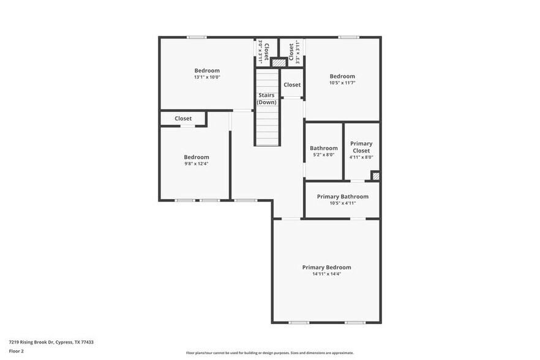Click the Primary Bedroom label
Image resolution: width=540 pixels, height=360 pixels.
[326, 268]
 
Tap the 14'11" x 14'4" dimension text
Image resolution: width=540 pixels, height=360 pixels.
[326, 274]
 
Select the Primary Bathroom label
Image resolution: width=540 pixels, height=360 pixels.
[342, 197]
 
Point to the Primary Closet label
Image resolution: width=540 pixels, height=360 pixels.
[361, 147]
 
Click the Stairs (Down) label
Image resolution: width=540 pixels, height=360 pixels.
[266, 99]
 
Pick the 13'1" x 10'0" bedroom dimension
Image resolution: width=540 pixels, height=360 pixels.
[207, 77]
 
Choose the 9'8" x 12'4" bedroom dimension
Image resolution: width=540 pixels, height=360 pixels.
[197, 164]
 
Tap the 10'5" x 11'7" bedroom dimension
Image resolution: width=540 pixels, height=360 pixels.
[342, 83]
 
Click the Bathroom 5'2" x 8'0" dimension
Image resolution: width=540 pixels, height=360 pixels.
[323, 155]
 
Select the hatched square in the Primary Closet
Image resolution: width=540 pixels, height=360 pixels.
[375, 176]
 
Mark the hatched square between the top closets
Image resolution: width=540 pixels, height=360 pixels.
[279, 62]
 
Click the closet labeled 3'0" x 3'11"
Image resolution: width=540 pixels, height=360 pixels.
[263, 52]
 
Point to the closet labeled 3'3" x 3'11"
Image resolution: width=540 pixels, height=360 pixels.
[294, 52]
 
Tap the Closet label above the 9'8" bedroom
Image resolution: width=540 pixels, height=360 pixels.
[183, 119]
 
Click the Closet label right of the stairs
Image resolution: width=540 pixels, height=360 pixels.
[292, 85]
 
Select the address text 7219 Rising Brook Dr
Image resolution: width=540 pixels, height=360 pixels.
[51, 342]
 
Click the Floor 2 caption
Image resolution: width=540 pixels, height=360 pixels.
[17, 351]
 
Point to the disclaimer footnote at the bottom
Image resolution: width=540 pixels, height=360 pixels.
[269, 353]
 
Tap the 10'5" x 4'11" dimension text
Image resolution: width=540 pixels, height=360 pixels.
[342, 203]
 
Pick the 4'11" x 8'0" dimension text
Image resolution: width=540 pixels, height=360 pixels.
[361, 157]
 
